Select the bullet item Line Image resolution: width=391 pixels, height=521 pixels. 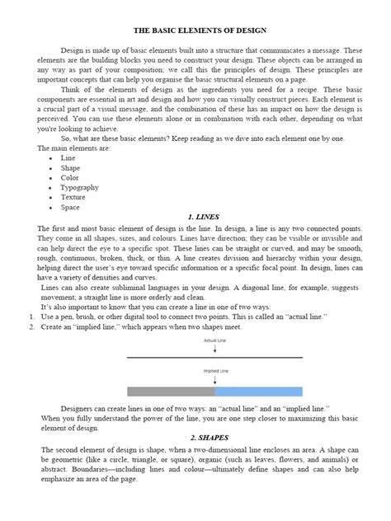point(68,157)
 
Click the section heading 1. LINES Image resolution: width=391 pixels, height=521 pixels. point(204,217)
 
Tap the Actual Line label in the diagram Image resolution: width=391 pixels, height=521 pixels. point(214,340)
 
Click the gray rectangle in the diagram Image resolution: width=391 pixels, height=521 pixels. point(171,391)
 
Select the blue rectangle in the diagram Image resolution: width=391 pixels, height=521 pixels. point(258,391)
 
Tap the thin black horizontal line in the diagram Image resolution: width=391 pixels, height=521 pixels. point(214,357)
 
